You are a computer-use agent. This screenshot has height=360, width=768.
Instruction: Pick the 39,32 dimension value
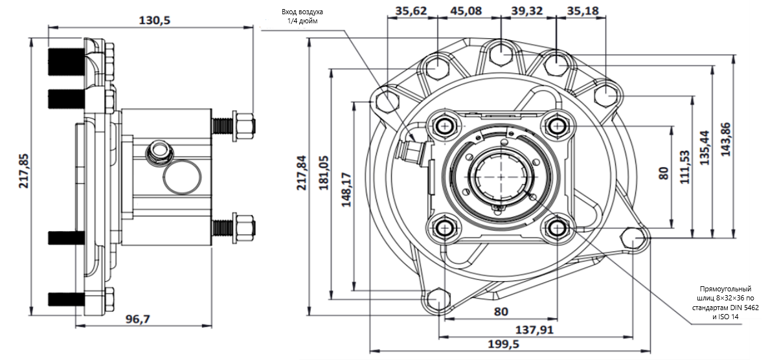(x=527, y=10)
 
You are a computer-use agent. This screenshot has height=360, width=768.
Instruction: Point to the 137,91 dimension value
(x=536, y=330)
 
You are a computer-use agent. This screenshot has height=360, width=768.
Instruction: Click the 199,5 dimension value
(x=503, y=344)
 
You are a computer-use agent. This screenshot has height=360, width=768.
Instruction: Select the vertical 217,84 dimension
(x=302, y=172)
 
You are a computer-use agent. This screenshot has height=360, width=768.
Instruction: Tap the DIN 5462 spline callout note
(x=725, y=302)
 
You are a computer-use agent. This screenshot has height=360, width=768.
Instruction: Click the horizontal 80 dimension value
(x=501, y=311)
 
